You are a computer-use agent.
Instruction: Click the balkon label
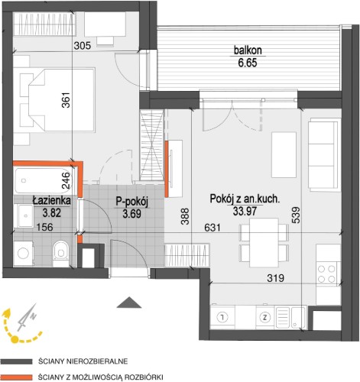pos(248,50)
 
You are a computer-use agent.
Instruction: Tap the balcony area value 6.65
pos(248,63)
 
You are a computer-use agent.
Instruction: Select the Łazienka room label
pos(51,201)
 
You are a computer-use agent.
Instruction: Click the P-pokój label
pos(131,202)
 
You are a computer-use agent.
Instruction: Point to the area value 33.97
pos(245,211)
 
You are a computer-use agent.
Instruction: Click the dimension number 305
pos(83,46)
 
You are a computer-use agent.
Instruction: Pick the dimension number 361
pos(66,99)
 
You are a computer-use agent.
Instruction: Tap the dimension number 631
pos(212,227)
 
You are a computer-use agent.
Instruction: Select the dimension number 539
pos(296,215)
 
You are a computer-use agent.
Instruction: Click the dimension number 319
pos(276,278)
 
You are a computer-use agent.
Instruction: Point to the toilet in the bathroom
pos(60,253)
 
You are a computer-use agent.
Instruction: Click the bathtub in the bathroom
pos(42,180)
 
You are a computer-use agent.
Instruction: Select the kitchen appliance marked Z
pos(265,318)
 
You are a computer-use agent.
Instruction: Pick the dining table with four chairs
pos(264,242)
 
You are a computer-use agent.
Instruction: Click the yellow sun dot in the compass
pos(15,339)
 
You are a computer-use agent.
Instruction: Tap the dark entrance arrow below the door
pos(130,303)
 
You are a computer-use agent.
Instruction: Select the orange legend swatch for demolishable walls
pos(16,377)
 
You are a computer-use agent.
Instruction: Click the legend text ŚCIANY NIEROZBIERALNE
pos(83,361)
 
